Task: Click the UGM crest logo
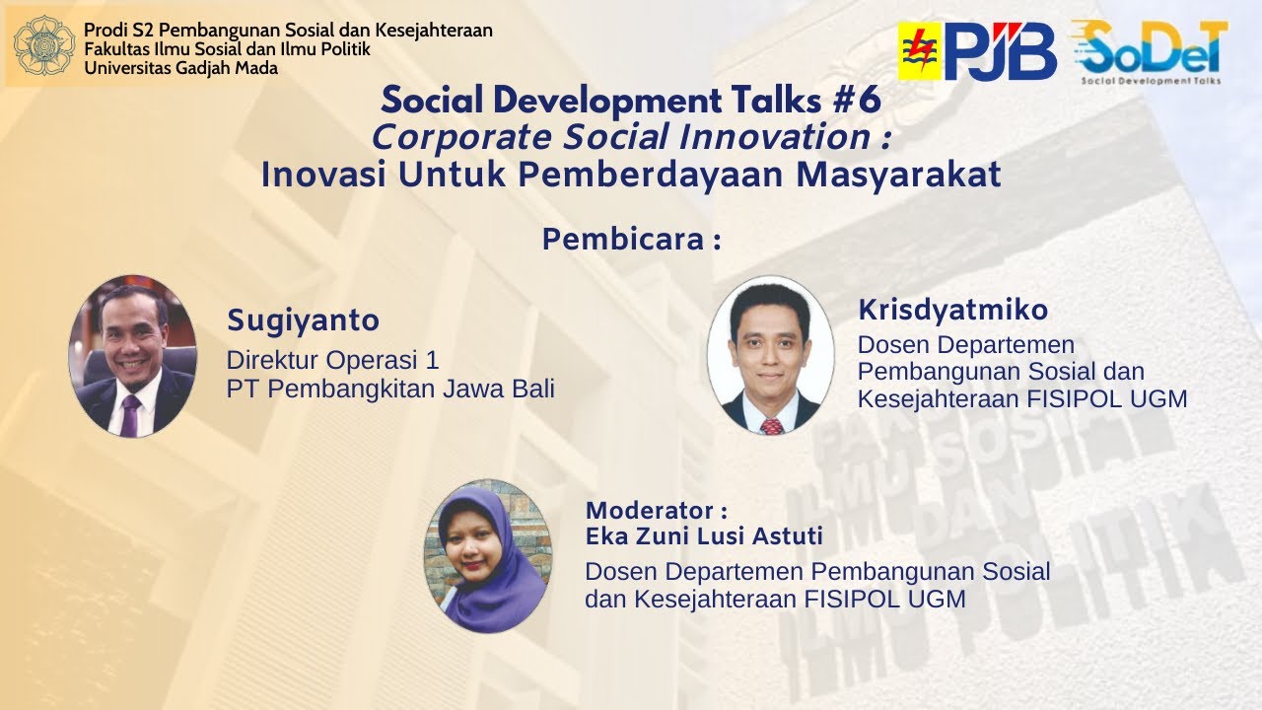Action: [44, 45]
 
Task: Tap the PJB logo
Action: [977, 51]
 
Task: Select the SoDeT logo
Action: [1151, 52]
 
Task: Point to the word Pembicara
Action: [623, 239]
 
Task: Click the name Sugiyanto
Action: [303, 320]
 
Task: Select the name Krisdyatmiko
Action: [953, 310]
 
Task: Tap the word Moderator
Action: [650, 511]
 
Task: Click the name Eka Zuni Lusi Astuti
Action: [704, 535]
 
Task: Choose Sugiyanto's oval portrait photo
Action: [133, 356]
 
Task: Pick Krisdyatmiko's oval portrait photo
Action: [771, 356]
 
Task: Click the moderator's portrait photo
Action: [488, 555]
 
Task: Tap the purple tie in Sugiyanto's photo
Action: [130, 416]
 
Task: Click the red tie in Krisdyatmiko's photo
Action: [772, 427]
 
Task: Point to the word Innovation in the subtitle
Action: [775, 137]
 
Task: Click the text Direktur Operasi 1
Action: [332, 360]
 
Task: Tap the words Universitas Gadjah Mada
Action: [180, 68]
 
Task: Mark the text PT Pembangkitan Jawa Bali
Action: [390, 389]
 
